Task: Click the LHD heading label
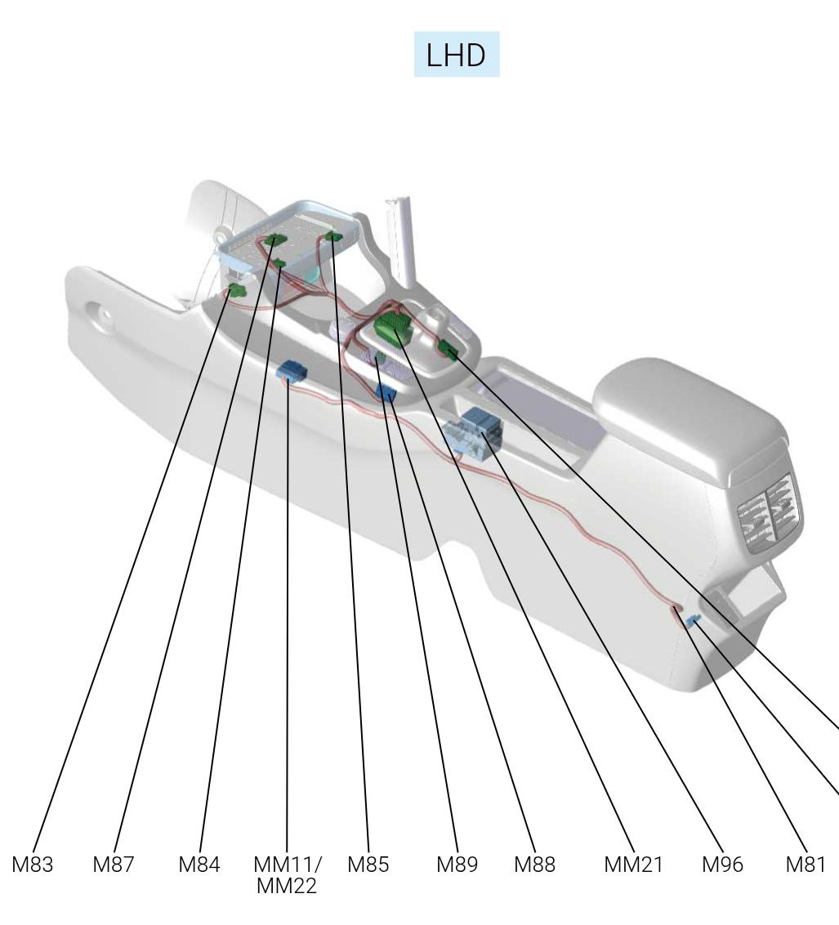point(456,55)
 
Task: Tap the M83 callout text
point(33,865)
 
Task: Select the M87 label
point(114,865)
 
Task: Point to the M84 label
point(199,865)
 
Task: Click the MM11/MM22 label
point(287,875)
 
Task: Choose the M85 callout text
point(368,865)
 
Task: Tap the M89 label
point(457,865)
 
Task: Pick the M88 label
point(535,865)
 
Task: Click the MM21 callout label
point(633,865)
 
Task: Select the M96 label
point(722,865)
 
